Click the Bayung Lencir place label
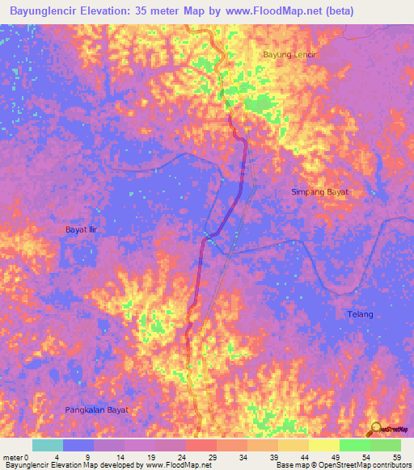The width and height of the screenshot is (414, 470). (x=289, y=55)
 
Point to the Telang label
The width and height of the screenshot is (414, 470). (x=361, y=314)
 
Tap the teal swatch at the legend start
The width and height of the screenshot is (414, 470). (x=48, y=445)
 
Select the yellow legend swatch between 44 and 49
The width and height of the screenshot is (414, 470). (x=323, y=445)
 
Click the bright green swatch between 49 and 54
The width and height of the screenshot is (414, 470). (x=354, y=445)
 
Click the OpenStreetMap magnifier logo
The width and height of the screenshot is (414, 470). (x=374, y=430)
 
